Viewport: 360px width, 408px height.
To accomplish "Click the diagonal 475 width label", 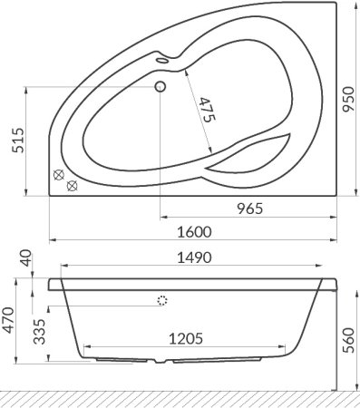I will coord(205,111).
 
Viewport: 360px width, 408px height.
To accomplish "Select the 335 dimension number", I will coord(37,336).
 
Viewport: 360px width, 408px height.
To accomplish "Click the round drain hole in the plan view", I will coord(161,87).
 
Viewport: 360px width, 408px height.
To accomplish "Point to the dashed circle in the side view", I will coord(163,301).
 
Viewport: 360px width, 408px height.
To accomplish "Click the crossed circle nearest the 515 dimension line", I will coord(60,175).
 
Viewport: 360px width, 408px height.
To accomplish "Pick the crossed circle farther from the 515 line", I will coord(73,186).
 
